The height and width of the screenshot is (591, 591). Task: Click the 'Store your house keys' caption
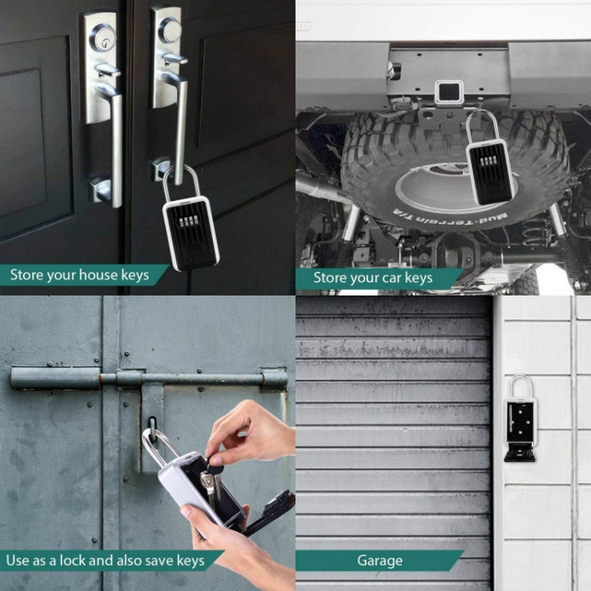(x=79, y=275)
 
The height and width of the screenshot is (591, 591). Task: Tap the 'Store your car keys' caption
(x=373, y=277)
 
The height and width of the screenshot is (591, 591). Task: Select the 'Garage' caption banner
(x=379, y=561)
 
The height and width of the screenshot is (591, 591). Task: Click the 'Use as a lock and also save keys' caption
(x=105, y=561)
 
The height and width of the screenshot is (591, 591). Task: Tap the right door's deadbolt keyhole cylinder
(x=169, y=30)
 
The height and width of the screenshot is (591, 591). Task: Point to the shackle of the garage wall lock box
(x=520, y=386)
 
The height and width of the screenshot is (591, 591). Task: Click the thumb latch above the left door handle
(x=106, y=71)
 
